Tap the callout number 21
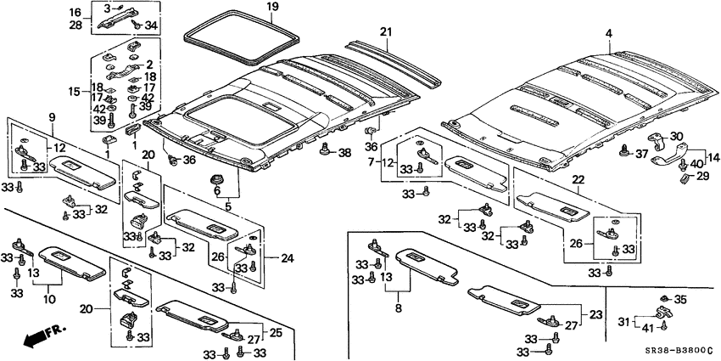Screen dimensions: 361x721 [386, 32]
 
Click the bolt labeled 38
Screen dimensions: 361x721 [325, 151]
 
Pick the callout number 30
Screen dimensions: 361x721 [676, 136]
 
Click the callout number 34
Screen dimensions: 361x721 [152, 26]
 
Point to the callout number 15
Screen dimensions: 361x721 [75, 91]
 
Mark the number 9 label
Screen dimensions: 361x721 [52, 116]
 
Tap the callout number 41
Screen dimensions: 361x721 [646, 327]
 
